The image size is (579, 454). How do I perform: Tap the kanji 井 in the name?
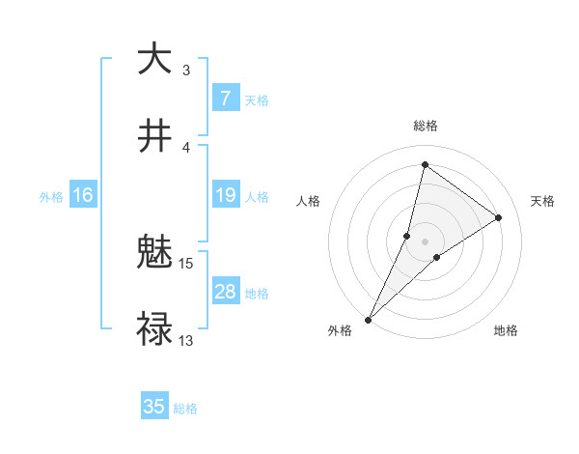[154, 135]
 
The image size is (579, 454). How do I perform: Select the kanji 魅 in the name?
[154, 254]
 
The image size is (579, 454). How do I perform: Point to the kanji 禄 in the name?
[154, 329]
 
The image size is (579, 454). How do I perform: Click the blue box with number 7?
[225, 99]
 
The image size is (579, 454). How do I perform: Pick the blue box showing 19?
[225, 196]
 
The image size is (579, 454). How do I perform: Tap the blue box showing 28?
[225, 293]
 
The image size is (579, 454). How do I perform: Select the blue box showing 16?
[83, 196]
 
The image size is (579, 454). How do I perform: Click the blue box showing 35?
[154, 407]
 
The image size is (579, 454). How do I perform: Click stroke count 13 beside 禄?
[186, 340]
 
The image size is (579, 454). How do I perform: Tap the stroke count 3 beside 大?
[186, 70]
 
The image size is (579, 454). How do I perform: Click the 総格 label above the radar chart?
[425, 126]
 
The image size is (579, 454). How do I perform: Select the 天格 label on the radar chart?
[542, 201]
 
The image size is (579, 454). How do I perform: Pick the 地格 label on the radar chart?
[506, 330]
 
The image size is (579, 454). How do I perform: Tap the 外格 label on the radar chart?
[340, 330]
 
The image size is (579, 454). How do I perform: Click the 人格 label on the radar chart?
[308, 201]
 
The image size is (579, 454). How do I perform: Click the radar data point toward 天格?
[499, 217]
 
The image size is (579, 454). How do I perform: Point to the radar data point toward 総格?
[425, 164]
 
